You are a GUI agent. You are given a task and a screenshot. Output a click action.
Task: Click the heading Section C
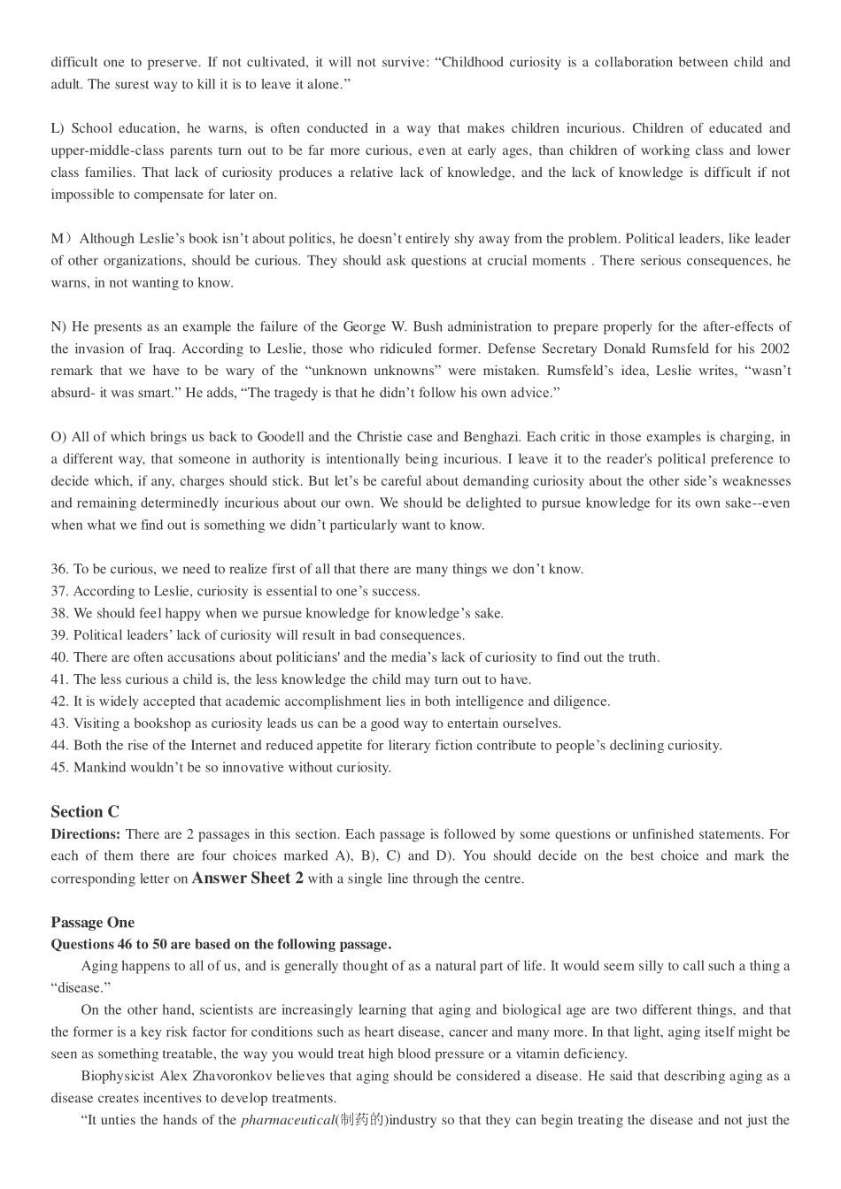point(85,812)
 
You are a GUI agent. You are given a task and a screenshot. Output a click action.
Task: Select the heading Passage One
point(93,923)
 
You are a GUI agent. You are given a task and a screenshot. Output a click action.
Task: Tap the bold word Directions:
point(86,834)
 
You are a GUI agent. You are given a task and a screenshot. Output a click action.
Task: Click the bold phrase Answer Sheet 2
point(248,878)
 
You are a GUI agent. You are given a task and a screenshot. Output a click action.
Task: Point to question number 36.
point(59,570)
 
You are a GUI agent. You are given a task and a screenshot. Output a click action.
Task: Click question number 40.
point(59,657)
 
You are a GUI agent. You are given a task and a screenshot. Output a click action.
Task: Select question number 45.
point(59,768)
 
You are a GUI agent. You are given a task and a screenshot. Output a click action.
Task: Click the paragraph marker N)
point(58,327)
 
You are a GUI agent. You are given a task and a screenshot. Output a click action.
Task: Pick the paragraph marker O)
point(59,437)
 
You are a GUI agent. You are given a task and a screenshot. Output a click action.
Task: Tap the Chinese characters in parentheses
point(360,1121)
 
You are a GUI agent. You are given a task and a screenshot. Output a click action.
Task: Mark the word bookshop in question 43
point(166,724)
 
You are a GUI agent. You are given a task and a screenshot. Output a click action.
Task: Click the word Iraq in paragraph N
point(155,349)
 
